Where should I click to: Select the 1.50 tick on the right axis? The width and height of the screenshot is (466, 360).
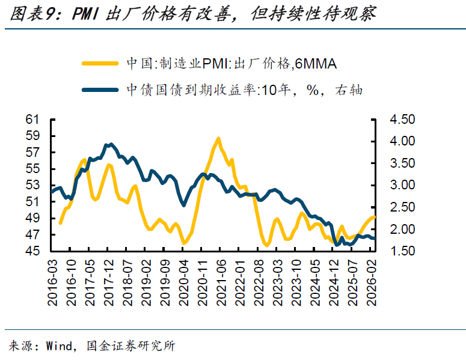click(x=402, y=251)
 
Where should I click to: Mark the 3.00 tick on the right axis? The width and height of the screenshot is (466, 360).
click(x=402, y=185)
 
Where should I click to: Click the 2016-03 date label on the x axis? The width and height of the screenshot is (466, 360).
click(x=53, y=275)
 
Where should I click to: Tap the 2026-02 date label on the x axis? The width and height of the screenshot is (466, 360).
click(x=373, y=275)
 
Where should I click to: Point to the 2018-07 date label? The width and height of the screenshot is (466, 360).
click(x=128, y=275)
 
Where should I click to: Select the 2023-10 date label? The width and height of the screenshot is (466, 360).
click(x=296, y=275)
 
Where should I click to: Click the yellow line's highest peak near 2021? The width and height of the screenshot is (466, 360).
click(x=218, y=138)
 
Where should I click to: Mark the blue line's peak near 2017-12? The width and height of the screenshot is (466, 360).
click(x=111, y=144)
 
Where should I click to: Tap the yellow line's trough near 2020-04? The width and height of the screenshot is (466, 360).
click(x=184, y=243)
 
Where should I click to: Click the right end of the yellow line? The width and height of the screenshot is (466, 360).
click(x=375, y=217)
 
